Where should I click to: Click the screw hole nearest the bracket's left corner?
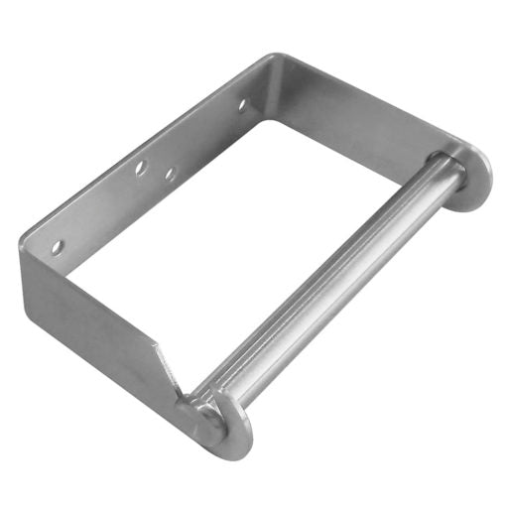[x=58, y=244]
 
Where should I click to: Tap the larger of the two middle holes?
[x=142, y=170]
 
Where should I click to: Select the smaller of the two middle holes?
[x=171, y=175]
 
